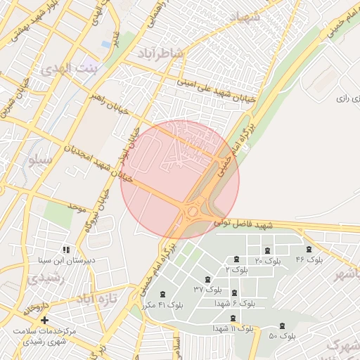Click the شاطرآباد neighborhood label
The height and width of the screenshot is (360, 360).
[x=182, y=52]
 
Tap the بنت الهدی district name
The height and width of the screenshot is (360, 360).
[x=71, y=68]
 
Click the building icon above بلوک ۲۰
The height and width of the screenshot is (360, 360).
[x=266, y=251]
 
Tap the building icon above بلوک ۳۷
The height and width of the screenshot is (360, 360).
[x=207, y=280]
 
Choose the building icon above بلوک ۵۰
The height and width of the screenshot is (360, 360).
[x=283, y=326]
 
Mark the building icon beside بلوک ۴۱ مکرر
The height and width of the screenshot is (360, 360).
[x=163, y=295]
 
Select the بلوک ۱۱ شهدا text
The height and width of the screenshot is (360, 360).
[x=233, y=328]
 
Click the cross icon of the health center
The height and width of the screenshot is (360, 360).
[x=45, y=321]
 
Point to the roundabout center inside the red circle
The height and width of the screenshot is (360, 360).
[x=192, y=211]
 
